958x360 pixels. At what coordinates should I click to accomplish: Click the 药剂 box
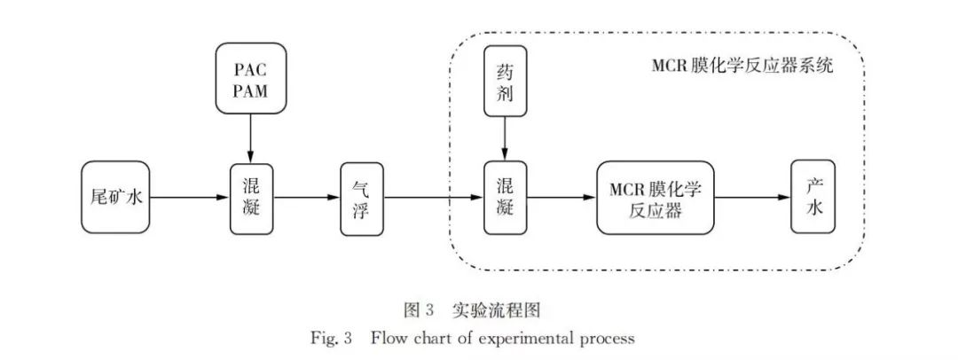(505, 81)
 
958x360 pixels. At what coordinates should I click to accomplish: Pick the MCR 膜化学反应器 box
(656, 198)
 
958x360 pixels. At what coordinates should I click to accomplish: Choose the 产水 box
(813, 198)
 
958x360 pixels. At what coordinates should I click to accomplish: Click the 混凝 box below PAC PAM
(251, 198)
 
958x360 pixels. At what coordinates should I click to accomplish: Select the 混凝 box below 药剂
(505, 198)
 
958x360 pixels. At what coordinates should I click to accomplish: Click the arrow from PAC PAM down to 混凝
(251, 138)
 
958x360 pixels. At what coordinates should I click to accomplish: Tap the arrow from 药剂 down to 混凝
(505, 138)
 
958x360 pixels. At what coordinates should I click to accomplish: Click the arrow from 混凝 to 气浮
(306, 198)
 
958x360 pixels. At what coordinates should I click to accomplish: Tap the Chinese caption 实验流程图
(502, 309)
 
